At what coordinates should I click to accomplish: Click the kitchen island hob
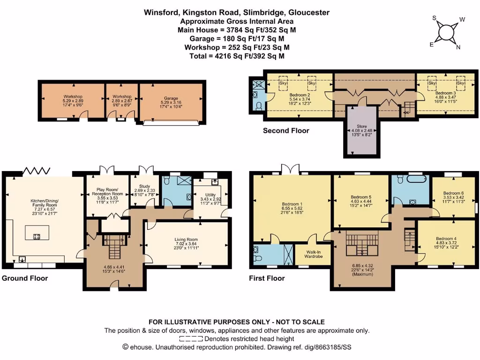tap(36, 236)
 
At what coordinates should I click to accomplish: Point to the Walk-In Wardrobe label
tap(313, 254)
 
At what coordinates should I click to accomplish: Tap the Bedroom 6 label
tap(453, 196)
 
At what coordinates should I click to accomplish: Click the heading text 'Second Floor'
tap(286, 131)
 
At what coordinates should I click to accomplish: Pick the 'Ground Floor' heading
tap(25, 278)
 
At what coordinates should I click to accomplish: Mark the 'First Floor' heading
tap(267, 278)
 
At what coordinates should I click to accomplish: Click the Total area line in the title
tap(237, 56)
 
